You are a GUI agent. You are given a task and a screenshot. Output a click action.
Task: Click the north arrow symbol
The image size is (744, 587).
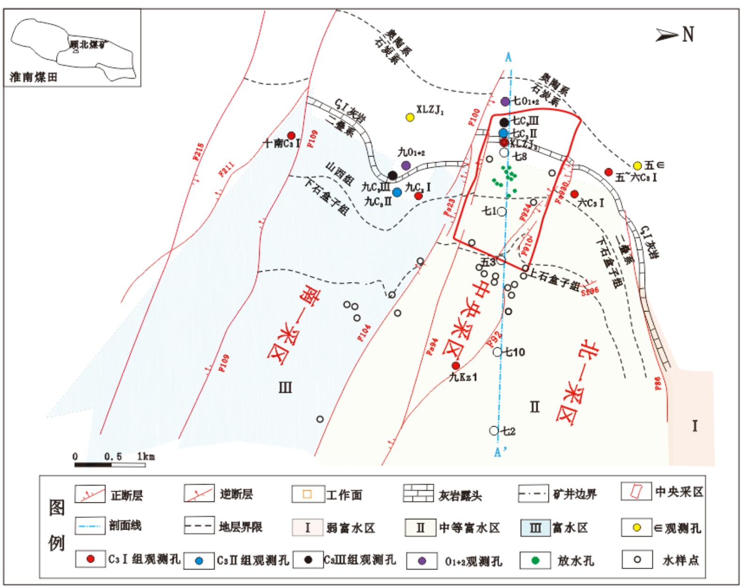click(x=667, y=35)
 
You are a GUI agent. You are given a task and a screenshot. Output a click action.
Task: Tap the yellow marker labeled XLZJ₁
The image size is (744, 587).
click(x=410, y=117)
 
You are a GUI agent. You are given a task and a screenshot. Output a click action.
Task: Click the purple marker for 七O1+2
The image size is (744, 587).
click(x=505, y=102)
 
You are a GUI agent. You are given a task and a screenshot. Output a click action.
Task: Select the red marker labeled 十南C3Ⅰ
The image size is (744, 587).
click(x=291, y=136)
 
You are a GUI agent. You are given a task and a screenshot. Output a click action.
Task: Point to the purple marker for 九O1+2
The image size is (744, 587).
click(x=406, y=165)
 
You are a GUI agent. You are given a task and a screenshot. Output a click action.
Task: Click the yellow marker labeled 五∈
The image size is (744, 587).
click(x=637, y=165)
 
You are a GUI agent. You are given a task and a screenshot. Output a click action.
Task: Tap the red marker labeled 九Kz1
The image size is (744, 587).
click(x=455, y=366)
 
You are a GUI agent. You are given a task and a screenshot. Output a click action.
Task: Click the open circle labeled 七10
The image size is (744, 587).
click(x=497, y=352)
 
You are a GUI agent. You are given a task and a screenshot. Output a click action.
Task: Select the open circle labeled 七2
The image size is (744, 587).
click(x=493, y=430)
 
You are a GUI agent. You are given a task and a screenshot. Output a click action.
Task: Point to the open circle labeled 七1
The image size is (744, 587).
click(x=502, y=211)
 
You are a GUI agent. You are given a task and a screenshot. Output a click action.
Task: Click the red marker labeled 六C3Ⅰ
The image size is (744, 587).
click(x=574, y=194)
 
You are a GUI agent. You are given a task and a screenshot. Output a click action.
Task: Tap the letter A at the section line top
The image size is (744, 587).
click(x=508, y=58)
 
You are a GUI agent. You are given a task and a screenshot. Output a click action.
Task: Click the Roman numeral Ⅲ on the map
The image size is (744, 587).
click(x=285, y=388)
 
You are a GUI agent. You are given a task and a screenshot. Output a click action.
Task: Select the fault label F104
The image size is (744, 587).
click(x=364, y=333)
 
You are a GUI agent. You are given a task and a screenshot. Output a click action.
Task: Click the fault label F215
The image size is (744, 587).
click(x=198, y=152)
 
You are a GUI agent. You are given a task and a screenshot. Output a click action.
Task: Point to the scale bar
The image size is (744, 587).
click(x=110, y=465)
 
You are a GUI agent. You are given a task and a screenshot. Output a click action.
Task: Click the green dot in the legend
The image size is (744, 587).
click(x=535, y=560)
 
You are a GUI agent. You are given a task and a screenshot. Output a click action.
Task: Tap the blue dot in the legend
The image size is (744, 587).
click(x=199, y=561)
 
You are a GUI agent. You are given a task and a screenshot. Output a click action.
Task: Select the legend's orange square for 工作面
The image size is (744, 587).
click(x=307, y=494)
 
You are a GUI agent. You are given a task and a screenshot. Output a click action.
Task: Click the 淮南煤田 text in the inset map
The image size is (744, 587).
click(x=33, y=77)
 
